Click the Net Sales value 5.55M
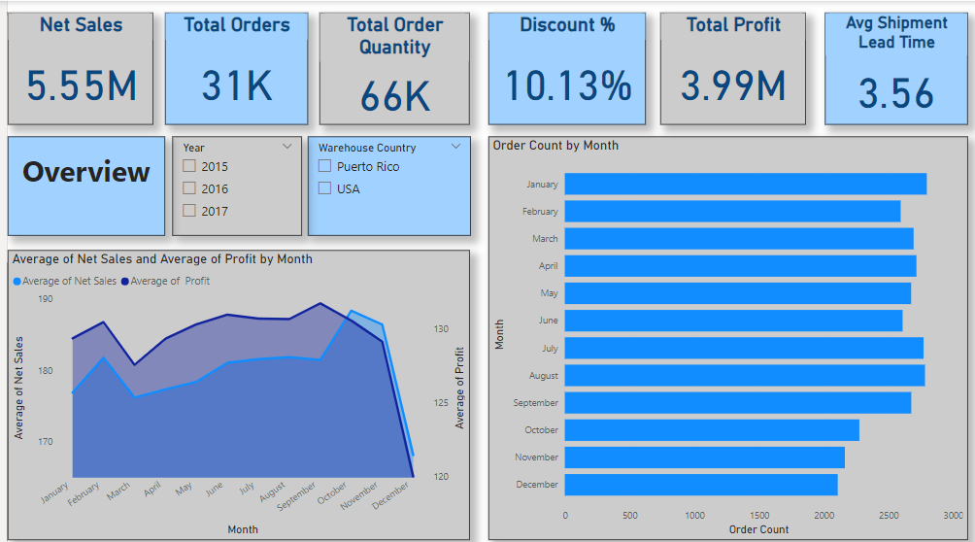82,86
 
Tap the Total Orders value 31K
237,86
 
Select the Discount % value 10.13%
568,86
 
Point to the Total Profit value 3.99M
733,86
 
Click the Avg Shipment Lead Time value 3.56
896,93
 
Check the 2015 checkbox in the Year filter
189,166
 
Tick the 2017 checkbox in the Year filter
189,211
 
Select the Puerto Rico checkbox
325,166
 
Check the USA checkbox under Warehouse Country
325,188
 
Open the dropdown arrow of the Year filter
287,147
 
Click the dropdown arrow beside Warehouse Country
456,147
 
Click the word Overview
86,172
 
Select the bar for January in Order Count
745,185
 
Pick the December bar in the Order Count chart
700,485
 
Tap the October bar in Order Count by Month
712,430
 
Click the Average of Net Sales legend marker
17,282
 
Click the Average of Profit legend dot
124,282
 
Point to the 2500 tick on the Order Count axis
889,516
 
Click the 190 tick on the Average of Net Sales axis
46,299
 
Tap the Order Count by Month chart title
555,146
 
